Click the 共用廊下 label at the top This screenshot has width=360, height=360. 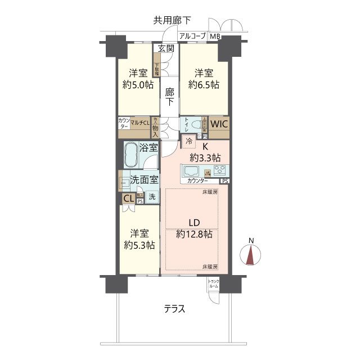pyautogui.click(x=172, y=21)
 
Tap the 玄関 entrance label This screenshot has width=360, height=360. pyautogui.click(x=166, y=48)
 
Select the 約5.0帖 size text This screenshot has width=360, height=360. pyautogui.click(x=138, y=85)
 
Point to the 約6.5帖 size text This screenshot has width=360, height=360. pyautogui.click(x=204, y=85)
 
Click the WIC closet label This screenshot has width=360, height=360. pyautogui.click(x=219, y=124)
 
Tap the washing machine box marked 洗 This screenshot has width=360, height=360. pyautogui.click(x=152, y=197)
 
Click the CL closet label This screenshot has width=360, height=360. pyautogui.click(x=128, y=198)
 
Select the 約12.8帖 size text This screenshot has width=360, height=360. pyautogui.click(x=194, y=233)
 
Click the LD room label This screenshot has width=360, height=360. pyautogui.click(x=194, y=221)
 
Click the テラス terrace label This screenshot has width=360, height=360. pyautogui.click(x=175, y=309)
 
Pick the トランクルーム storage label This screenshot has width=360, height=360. pyautogui.click(x=214, y=284)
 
